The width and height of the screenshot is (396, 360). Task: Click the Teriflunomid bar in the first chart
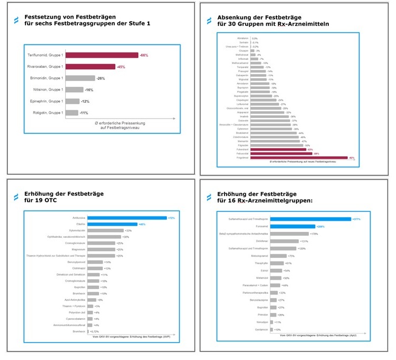pyautogui.click(x=102, y=55)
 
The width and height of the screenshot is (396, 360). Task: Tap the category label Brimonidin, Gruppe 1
pyautogui.click(x=46, y=78)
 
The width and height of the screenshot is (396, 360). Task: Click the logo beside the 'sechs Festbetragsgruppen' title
pyautogui.click(x=16, y=20)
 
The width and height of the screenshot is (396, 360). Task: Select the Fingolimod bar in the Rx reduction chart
pyautogui.click(x=299, y=158)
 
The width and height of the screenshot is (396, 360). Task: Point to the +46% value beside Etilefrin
pyautogui.click(x=142, y=224)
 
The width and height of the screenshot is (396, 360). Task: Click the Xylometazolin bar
pyautogui.click(x=105, y=230)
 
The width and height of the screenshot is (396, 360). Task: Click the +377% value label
pyautogui.click(x=358, y=219)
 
